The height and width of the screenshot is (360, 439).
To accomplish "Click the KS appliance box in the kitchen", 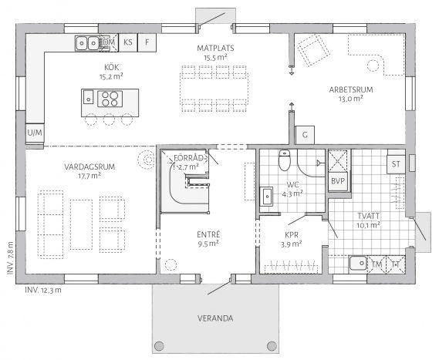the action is click(x=128, y=42).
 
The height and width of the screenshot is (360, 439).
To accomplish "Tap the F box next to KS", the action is click(x=147, y=42).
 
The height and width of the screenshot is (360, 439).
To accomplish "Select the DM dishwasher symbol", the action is click(x=109, y=42).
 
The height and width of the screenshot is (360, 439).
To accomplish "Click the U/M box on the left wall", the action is click(x=35, y=133).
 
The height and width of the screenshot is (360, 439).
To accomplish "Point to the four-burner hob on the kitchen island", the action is click(x=110, y=99).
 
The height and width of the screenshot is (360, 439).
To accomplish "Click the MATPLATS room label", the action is click(x=215, y=48).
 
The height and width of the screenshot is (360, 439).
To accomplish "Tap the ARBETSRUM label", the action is click(x=351, y=89).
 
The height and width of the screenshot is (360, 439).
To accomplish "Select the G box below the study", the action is click(x=305, y=135).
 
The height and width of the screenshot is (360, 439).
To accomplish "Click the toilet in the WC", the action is click(x=284, y=160).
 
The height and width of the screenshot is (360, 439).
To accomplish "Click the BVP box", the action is click(x=338, y=181).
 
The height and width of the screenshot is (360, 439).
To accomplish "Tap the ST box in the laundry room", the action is click(x=396, y=164).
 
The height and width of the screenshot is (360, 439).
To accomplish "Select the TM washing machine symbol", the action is click(x=377, y=264).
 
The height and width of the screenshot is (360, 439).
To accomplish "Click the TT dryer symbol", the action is click(x=396, y=264).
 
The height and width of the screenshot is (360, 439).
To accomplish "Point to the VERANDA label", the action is click(x=215, y=318).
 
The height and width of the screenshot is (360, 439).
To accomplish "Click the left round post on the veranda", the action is click(x=159, y=346).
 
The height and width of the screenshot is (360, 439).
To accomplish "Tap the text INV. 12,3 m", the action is click(x=43, y=290).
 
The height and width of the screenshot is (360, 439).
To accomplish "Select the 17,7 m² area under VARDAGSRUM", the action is click(x=89, y=176).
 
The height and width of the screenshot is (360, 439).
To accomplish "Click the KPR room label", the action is click(x=292, y=234).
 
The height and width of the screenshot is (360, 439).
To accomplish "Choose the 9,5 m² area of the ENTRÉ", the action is click(x=208, y=244).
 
